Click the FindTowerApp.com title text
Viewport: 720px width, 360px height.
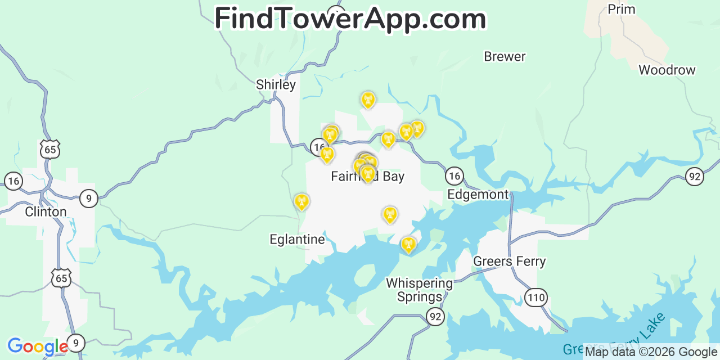pos(350,19)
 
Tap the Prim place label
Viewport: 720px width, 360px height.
pos(622,10)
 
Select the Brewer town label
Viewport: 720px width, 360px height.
pos(505,57)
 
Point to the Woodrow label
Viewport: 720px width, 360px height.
pos(667,70)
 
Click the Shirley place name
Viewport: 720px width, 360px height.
pos(276,85)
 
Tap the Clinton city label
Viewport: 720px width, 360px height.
pos(46,212)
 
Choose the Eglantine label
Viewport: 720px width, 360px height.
pos(297,240)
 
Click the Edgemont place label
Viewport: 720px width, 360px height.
pos(478,195)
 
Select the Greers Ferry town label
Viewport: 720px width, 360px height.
pos(510,262)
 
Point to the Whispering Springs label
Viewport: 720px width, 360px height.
pos(419,290)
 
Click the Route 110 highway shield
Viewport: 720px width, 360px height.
pos(536,298)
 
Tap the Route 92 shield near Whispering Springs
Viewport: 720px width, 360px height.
pos(435,317)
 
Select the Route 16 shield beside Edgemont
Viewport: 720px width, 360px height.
pos(454,177)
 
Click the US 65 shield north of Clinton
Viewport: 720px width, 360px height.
pos(50,150)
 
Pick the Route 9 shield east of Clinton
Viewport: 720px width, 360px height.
pos(88,198)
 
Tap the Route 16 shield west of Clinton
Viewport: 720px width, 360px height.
pos(13,181)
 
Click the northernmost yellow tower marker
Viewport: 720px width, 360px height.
pos(368,100)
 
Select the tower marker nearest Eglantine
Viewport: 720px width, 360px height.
pos(301,201)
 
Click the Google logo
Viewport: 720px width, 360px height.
pos(37,346)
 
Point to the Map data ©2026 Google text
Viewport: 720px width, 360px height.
pos(651,352)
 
